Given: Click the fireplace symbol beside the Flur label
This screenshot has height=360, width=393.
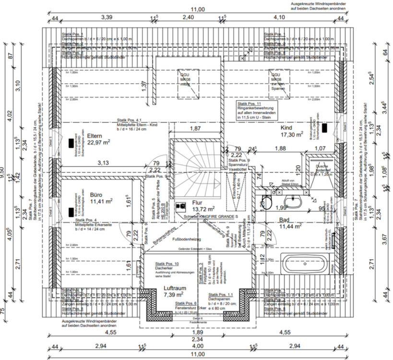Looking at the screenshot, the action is coord(181,205).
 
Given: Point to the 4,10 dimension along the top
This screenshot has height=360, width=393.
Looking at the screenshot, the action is coord(279,17).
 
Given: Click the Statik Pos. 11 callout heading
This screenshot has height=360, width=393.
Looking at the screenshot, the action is coord(249,104).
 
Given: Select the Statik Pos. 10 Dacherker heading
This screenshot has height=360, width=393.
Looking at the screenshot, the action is coord(167,264).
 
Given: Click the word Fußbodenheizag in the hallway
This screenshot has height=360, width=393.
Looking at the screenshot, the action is coord(186,239).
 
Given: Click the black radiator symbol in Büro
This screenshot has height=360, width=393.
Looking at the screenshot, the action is coord(71,212).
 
